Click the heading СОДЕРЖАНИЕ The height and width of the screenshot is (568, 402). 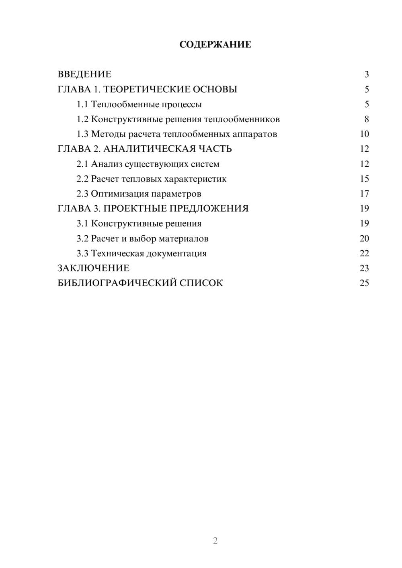[215, 45]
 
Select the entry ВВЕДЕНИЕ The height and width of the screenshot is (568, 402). [84, 74]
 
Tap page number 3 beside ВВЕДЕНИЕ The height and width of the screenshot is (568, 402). [366, 74]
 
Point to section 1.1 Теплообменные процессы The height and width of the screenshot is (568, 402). [139, 104]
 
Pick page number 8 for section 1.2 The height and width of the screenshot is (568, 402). [366, 119]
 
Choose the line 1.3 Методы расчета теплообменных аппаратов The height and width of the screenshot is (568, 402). [177, 134]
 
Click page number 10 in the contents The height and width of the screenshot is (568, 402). [364, 134]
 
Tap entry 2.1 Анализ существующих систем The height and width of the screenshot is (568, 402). [148, 164]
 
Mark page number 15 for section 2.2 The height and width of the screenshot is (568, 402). [364, 179]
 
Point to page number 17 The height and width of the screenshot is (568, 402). [364, 194]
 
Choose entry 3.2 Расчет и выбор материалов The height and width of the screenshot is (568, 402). [142, 239]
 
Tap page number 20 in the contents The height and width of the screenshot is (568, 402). [364, 239]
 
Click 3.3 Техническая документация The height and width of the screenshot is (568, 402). [142, 253]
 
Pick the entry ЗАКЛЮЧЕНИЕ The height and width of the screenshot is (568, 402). [93, 268]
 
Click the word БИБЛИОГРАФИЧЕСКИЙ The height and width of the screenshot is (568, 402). [117, 283]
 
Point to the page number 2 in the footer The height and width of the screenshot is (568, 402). [215, 541]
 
